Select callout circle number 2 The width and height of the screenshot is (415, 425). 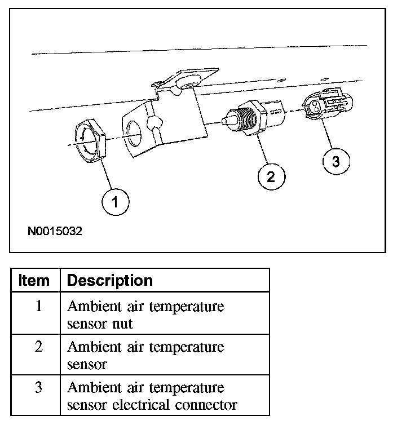[x=270, y=176]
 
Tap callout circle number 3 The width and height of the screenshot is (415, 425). [x=336, y=162]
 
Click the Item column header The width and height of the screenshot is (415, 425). [x=34, y=280]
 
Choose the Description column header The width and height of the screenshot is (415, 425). [x=110, y=280]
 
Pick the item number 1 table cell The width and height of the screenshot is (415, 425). [x=38, y=308]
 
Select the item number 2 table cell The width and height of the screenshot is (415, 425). [x=38, y=347]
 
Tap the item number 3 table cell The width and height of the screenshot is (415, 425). [x=38, y=388]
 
